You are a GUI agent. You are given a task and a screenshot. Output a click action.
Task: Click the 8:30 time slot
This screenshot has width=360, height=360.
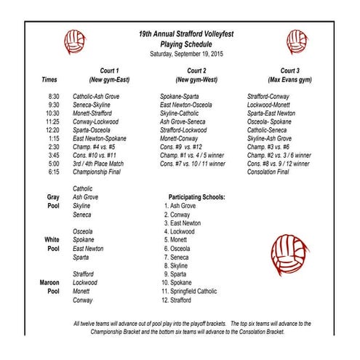point(53,96)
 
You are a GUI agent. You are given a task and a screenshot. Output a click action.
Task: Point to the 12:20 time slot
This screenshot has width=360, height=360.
point(52,129)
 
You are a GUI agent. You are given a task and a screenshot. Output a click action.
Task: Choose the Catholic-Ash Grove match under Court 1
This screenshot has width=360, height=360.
point(97,96)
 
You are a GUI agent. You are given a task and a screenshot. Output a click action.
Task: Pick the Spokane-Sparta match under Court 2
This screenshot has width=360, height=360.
point(180,96)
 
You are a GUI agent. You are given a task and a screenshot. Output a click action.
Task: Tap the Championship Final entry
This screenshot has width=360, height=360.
point(99,172)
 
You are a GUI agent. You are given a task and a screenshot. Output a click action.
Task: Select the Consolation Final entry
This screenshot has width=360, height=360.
point(268,172)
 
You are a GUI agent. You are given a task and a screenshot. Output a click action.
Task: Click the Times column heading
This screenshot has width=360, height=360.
point(49,79)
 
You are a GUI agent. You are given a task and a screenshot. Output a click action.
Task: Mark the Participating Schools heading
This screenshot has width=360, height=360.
point(196,197)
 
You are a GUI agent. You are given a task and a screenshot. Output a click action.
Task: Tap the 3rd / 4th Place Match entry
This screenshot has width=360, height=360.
point(98,164)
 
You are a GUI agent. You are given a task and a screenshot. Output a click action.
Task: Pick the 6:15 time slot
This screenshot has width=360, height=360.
point(53,172)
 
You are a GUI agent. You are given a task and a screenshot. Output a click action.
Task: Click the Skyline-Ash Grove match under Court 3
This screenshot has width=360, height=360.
point(270,138)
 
